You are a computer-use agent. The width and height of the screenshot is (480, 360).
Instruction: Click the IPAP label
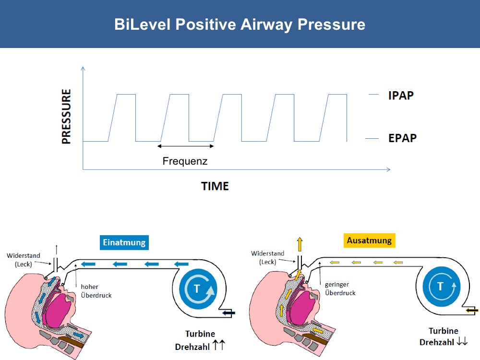point(401,96)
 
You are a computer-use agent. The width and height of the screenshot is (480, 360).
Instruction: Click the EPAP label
point(403,138)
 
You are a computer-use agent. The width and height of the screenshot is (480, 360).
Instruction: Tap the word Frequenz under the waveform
point(185,161)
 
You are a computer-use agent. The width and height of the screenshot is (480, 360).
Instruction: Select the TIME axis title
point(215,186)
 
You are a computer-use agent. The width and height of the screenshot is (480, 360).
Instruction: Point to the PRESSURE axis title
point(66,116)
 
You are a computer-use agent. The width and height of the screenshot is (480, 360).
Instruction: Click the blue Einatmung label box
point(124,242)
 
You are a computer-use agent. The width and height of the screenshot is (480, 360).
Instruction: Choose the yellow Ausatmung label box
point(369,240)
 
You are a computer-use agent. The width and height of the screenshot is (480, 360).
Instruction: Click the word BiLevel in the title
point(143,24)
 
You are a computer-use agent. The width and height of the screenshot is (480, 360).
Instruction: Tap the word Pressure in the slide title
point(331,24)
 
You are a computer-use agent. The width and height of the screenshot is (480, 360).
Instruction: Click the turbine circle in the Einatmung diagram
point(198,288)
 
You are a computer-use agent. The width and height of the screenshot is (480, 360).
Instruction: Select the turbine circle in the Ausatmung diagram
point(441,286)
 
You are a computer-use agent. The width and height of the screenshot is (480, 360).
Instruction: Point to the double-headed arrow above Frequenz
point(185,146)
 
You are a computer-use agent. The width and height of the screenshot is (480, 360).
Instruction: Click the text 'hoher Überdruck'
point(96,291)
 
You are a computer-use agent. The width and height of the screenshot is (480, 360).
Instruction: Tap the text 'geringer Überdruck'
point(340,288)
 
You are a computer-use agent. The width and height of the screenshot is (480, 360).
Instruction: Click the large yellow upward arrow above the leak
point(300,244)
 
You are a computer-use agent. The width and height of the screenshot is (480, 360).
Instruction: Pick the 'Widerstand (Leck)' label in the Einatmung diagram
point(24,260)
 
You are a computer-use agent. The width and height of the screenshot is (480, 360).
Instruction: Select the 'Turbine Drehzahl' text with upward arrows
point(200,340)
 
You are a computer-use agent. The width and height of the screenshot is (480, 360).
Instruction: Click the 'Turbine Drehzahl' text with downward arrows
point(444,336)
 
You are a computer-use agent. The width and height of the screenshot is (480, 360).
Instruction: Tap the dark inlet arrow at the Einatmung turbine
point(228,312)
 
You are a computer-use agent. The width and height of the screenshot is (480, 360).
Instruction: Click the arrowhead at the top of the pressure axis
point(83,68)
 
